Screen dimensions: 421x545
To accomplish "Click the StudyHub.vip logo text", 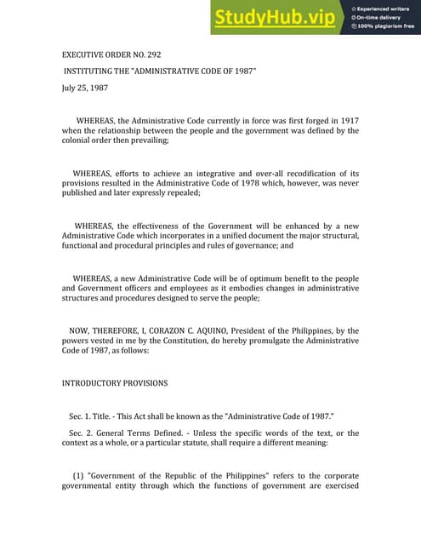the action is pyautogui.click(x=275, y=17).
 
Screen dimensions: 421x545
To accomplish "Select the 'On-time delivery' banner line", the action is pyautogui.click(x=379, y=17).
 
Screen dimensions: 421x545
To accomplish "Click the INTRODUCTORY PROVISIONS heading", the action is pyautogui.click(x=115, y=383).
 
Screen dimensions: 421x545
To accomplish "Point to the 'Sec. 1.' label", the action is pyautogui.click(x=82, y=416).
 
